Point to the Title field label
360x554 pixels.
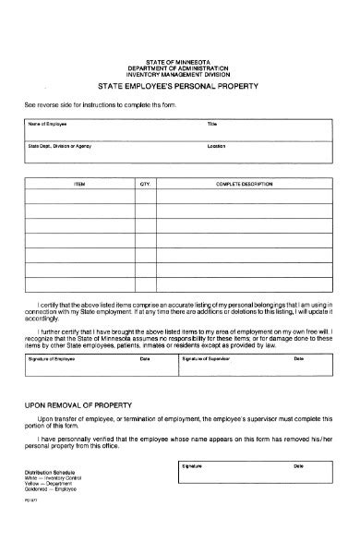coord(212,122)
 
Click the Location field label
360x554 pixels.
coord(218,145)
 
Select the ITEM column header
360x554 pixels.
coord(79,185)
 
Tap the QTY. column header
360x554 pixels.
coord(145,185)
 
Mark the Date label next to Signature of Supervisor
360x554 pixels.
coord(298,357)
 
